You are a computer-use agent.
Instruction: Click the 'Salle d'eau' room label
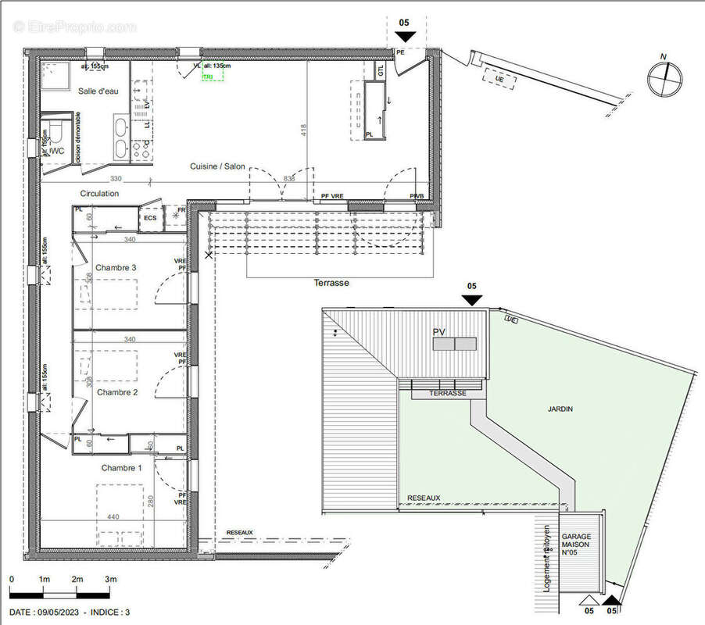click(x=98, y=91)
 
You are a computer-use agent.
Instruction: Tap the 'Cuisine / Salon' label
click(x=217, y=167)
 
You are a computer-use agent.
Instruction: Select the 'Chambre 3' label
click(x=116, y=268)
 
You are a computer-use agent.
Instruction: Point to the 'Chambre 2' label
click(x=117, y=392)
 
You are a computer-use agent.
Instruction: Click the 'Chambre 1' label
click(x=121, y=468)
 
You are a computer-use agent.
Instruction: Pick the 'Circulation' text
click(x=99, y=193)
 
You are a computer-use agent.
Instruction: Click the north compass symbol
click(x=664, y=77)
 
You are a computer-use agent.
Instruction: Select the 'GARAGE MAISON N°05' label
click(x=576, y=545)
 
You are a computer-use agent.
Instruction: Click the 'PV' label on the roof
click(x=439, y=332)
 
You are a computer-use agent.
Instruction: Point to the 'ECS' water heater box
click(x=149, y=219)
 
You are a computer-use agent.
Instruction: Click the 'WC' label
click(x=56, y=150)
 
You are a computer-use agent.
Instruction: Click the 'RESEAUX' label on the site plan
click(x=424, y=498)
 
